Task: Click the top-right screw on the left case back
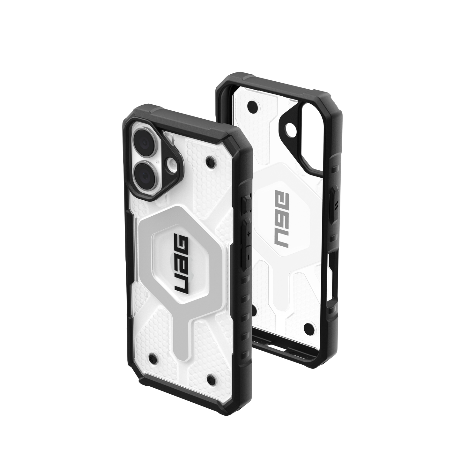[209, 158]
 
